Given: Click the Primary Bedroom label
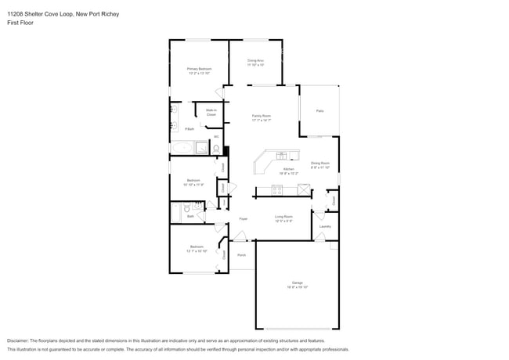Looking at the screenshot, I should coord(199,69).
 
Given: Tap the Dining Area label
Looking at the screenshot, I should coord(255,60).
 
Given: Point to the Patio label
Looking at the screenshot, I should coord(319,111).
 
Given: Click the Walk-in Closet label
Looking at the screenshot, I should coord(211,113).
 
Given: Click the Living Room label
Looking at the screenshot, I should coord(283,217).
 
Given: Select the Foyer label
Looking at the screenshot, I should coord(244,218).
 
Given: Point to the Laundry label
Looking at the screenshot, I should coord(325,226).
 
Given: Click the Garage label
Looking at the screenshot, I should coord(297,284).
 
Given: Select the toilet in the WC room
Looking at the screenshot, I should coord(217,147).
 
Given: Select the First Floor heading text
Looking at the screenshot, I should coord(20,23).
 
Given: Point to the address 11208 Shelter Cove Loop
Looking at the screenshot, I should coord(39,14).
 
